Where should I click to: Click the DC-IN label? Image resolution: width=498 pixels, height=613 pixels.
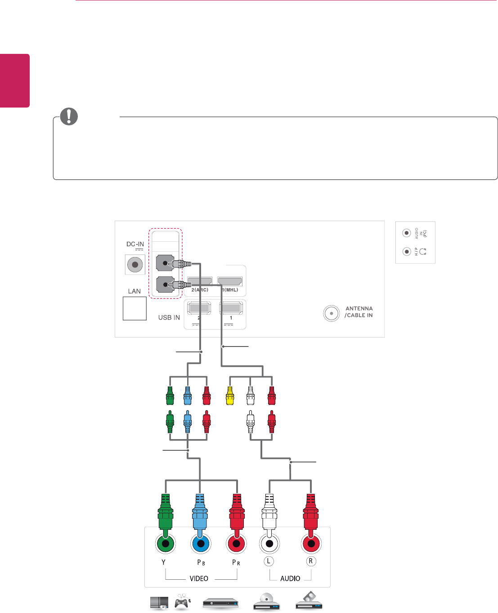(x=135, y=244)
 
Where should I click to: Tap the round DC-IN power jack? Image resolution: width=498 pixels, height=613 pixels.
(x=135, y=265)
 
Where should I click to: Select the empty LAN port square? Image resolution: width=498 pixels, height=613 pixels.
(x=135, y=308)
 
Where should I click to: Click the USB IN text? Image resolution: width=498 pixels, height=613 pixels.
(x=169, y=317)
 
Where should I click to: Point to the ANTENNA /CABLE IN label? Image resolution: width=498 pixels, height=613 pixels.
(x=359, y=312)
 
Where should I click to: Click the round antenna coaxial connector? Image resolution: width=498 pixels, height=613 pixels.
(x=331, y=313)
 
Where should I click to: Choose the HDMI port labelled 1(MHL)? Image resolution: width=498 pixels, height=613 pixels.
(x=229, y=281)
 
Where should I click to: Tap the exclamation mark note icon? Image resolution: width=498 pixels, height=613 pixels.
(x=69, y=116)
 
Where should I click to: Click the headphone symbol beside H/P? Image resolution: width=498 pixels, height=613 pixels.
(x=423, y=252)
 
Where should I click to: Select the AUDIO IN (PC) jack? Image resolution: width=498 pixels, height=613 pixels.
(x=406, y=233)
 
